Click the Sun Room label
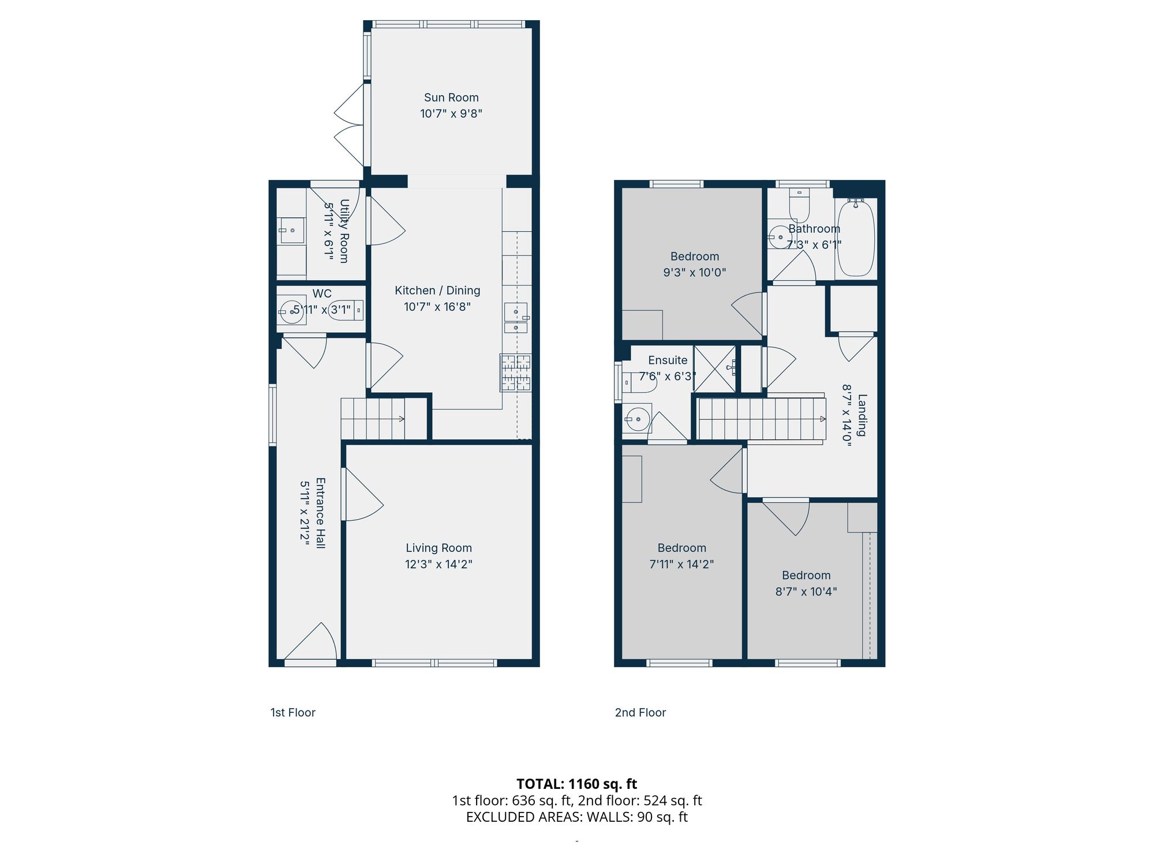pos(451,97)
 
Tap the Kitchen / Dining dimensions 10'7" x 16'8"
pos(437,307)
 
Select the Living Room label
pos(439,548)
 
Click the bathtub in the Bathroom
pos(856,238)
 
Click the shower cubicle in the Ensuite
pos(714,369)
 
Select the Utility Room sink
pos(291,231)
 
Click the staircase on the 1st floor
pos(372,419)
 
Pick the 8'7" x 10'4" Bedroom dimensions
pos(806,591)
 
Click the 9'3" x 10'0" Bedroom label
pos(695,257)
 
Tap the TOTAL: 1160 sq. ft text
pos(576,784)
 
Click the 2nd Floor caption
pos(640,712)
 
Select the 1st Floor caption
pos(293,712)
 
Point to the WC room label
pos(321,294)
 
